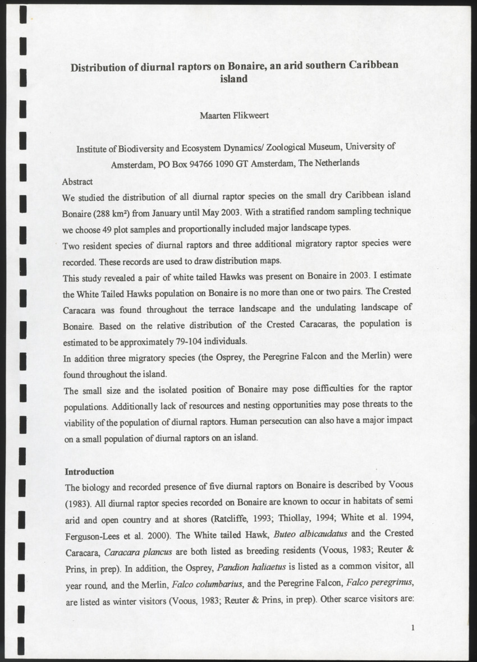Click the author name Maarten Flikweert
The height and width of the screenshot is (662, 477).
(234, 116)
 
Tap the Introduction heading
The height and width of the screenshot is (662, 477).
(90, 471)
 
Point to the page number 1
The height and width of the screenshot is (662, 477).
(412, 628)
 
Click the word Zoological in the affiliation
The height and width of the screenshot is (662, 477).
(289, 148)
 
